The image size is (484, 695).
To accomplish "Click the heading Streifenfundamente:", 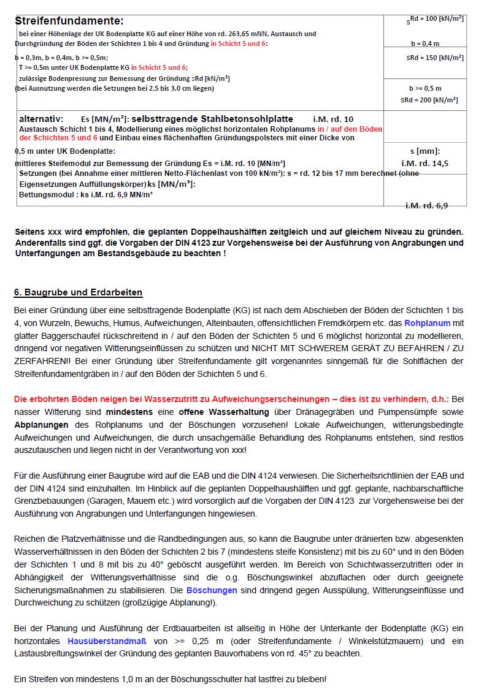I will [69, 21].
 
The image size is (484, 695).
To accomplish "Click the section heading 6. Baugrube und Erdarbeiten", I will [78, 292].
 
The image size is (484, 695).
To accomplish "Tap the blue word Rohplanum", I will [427, 322].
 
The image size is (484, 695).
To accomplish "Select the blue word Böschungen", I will [212, 590].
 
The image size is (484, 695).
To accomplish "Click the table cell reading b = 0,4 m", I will [424, 44].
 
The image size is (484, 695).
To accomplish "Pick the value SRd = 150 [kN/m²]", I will [426, 58].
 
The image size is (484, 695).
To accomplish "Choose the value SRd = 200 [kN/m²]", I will [429, 100].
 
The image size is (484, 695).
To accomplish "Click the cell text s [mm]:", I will [424, 151].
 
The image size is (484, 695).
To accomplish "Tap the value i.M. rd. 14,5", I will [424, 163].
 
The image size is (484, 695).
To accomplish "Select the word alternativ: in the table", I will [41, 118].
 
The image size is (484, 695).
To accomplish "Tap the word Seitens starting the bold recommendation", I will [31, 232].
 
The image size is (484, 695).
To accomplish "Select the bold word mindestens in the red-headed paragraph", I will [131, 412].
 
